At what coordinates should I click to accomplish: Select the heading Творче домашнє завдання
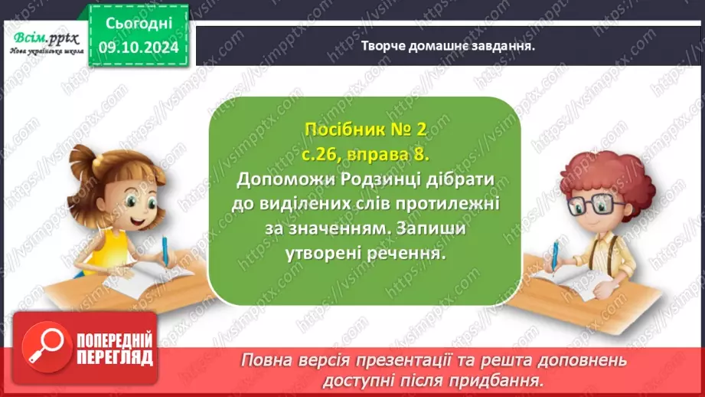click(x=447, y=45)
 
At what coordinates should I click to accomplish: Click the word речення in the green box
click(x=407, y=254)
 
